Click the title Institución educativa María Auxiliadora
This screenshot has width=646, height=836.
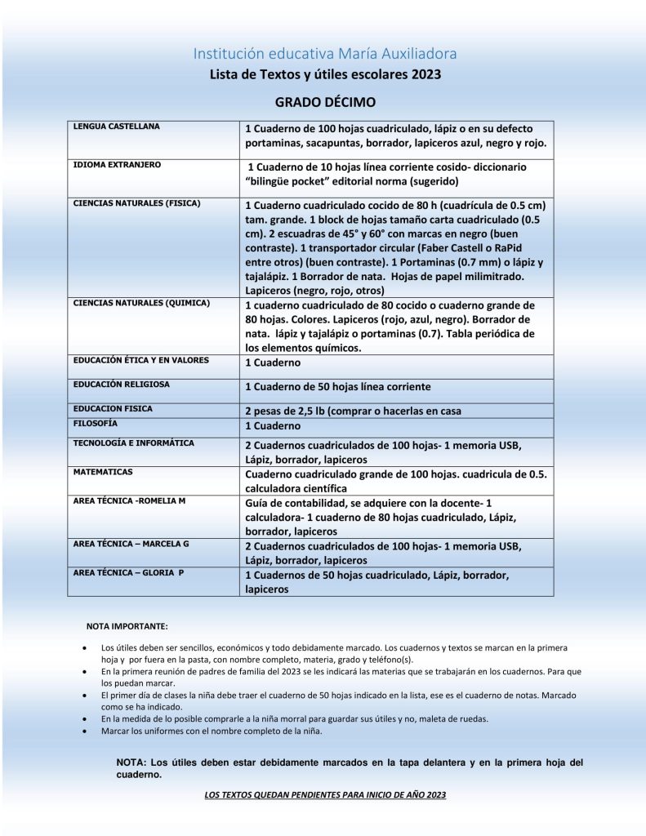click(324, 54)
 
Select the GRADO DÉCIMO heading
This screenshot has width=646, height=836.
click(324, 103)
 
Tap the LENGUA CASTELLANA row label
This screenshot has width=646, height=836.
click(117, 127)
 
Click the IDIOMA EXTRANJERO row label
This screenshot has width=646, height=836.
click(117, 165)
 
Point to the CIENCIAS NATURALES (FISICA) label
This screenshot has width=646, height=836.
click(136, 202)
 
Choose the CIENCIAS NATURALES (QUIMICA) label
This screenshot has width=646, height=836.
click(141, 303)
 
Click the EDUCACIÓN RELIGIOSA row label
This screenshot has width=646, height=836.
click(122, 384)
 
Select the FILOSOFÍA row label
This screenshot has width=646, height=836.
click(96, 424)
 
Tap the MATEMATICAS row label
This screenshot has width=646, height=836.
click(103, 472)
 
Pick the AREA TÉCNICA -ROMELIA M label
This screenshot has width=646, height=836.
click(130, 500)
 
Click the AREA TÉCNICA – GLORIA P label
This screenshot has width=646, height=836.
click(128, 573)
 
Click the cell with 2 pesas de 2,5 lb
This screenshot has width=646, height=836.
click(353, 411)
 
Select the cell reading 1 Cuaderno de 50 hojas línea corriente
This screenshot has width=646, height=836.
click(338, 386)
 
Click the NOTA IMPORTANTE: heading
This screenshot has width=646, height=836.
click(127, 626)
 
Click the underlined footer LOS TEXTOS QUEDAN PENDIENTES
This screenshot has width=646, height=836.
click(324, 794)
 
